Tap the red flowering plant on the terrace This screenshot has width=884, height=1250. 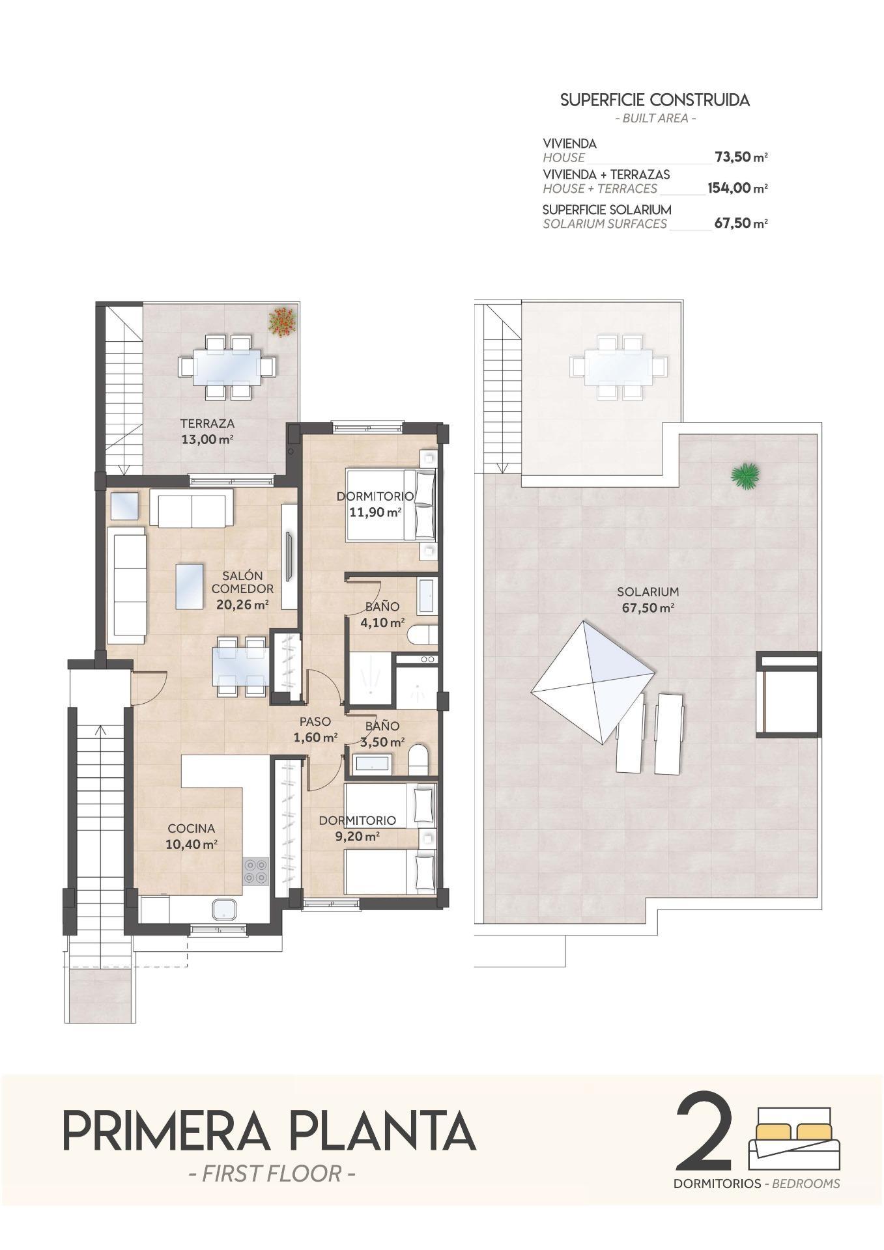282,322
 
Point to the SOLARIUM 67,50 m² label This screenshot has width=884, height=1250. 647,600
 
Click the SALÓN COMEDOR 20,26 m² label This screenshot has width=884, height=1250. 242,590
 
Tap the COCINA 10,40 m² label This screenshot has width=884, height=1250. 192,837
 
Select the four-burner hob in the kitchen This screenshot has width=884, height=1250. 255,871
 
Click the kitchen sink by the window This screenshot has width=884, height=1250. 225,910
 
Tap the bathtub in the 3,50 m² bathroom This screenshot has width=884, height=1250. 372,763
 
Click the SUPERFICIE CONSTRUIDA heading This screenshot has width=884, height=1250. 655,100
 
